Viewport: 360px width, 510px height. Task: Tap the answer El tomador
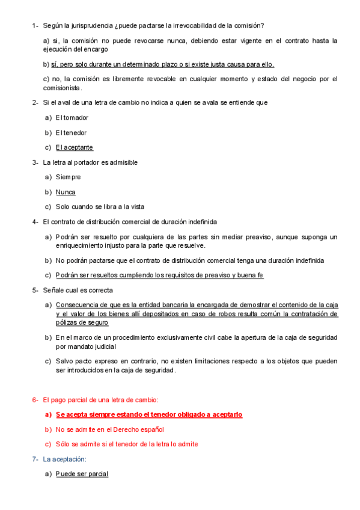coord(72,118)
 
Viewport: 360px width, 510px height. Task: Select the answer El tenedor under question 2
coord(72,133)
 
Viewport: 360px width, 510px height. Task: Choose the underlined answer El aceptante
coord(75,147)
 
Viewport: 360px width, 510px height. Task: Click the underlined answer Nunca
coord(66,192)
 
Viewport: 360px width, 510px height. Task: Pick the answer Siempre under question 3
coord(68,177)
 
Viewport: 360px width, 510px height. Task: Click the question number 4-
coord(35,222)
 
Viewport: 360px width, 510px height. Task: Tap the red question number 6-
coord(35,400)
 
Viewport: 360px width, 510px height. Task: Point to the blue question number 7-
coord(35,459)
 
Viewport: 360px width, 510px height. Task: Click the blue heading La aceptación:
coord(65,459)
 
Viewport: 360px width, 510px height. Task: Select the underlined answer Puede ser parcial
coord(82,475)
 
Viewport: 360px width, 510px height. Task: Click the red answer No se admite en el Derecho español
coord(110,429)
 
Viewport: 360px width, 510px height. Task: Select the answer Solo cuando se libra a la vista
coord(100,207)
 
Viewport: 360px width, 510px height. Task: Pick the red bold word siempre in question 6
coord(94,415)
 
